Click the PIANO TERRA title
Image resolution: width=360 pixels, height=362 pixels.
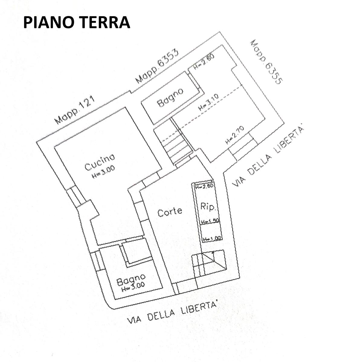click(x=76, y=22)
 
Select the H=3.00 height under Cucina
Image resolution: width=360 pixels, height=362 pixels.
click(x=104, y=172)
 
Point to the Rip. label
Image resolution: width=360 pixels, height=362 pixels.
click(x=208, y=207)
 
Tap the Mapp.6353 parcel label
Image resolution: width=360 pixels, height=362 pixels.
click(x=157, y=66)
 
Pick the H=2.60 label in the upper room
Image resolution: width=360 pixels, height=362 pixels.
click(x=204, y=63)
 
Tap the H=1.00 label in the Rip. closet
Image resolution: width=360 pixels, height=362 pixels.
click(x=212, y=239)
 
